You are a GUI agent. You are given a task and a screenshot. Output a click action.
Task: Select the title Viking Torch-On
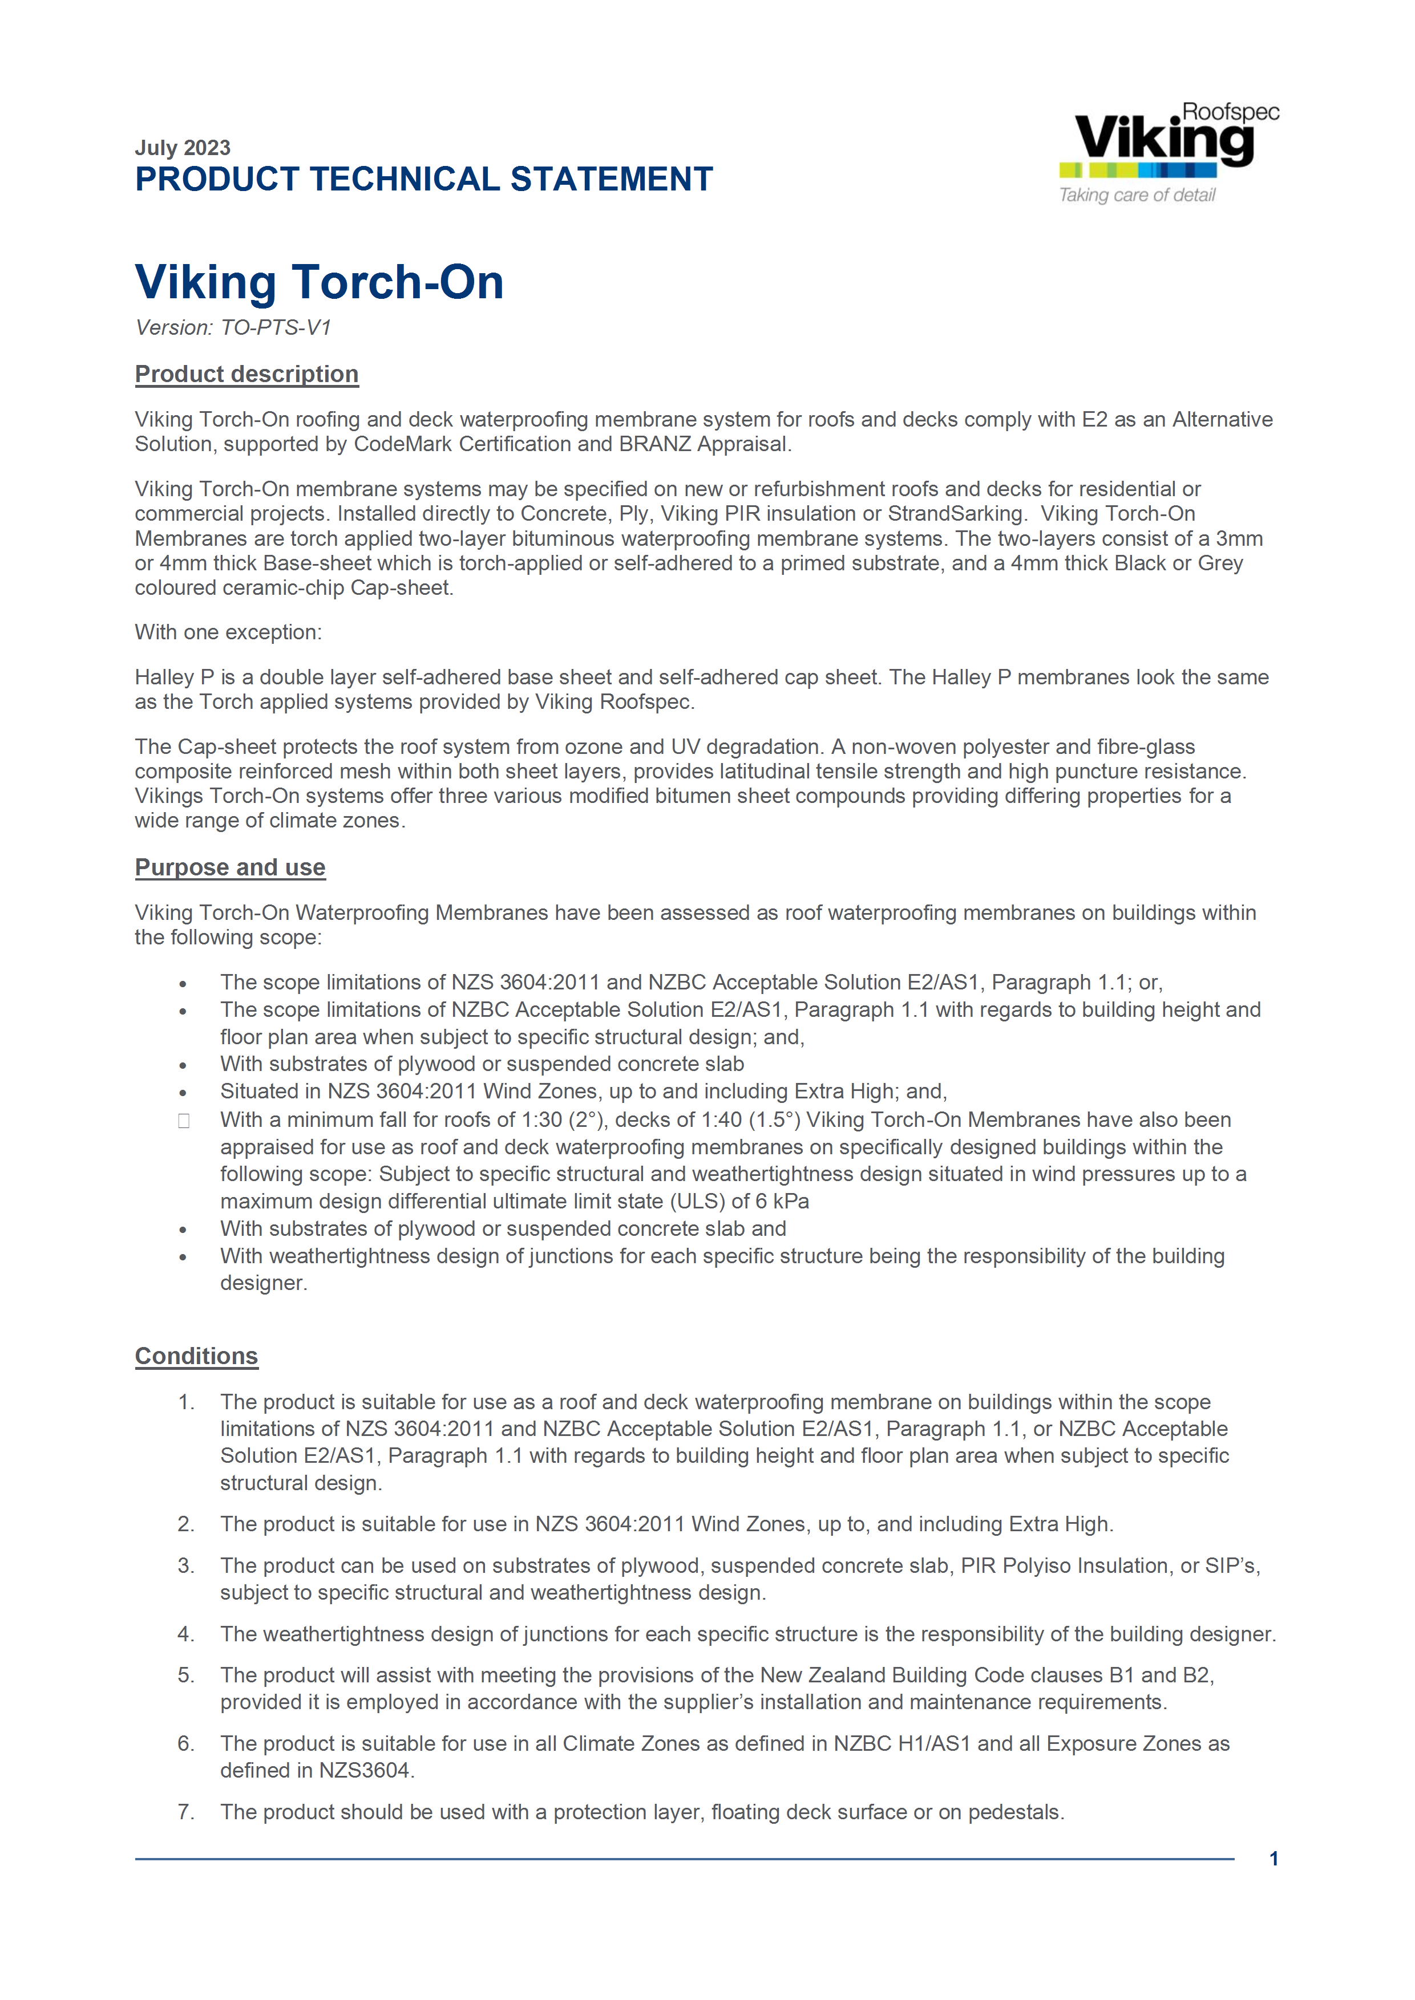319,282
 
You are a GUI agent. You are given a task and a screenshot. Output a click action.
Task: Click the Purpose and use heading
230,867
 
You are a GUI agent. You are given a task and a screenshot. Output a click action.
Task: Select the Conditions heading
196,1356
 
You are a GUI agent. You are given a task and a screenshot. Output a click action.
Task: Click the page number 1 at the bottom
1273,1859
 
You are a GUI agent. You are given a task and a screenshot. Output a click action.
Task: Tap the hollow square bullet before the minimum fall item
184,1121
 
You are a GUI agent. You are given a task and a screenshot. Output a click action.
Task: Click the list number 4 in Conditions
185,1633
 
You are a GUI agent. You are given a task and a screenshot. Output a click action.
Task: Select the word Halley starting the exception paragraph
165,677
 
